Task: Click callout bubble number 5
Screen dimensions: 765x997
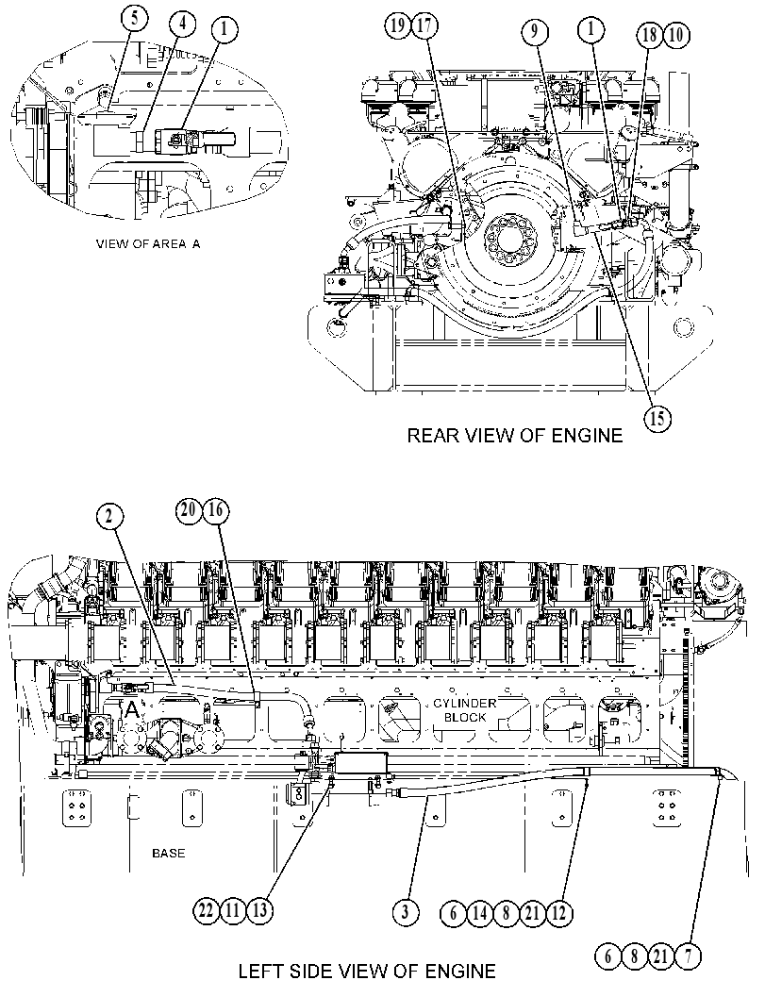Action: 135,17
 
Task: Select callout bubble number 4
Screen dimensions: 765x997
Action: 182,25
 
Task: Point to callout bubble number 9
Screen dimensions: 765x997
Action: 535,30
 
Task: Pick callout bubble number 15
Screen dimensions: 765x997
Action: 657,418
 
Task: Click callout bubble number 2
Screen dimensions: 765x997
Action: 109,517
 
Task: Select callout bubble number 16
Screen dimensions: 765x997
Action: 216,510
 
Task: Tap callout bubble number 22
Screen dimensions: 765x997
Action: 206,911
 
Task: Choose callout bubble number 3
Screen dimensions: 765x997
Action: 405,912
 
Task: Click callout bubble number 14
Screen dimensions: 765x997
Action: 479,913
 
